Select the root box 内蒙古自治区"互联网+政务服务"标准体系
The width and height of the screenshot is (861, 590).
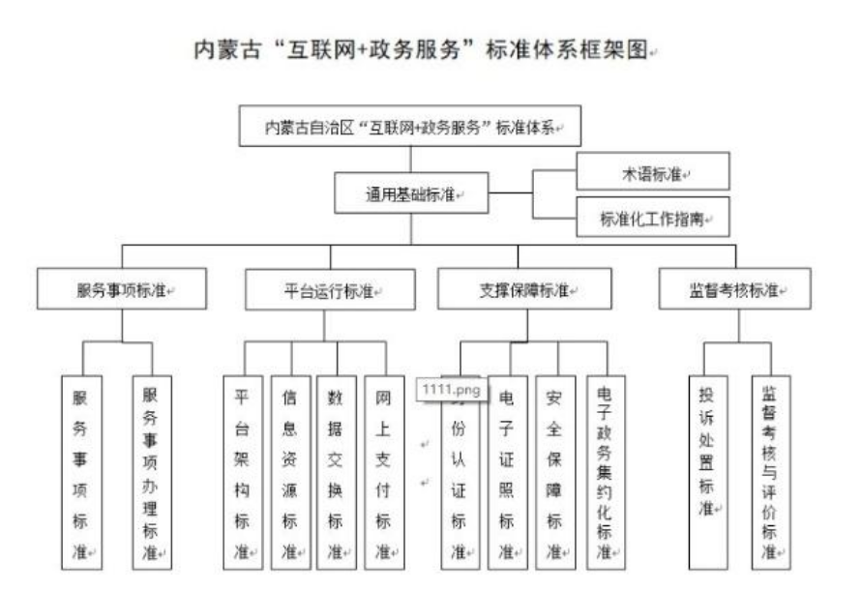pyautogui.click(x=410, y=127)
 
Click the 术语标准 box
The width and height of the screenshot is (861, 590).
pyautogui.click(x=652, y=171)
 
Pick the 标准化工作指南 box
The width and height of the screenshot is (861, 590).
pyautogui.click(x=652, y=217)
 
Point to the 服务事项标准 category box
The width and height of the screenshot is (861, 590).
pyautogui.click(x=121, y=288)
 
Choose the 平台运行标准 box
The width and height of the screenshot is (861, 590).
pyautogui.click(x=330, y=288)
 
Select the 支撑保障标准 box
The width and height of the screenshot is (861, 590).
pyautogui.click(x=524, y=288)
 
